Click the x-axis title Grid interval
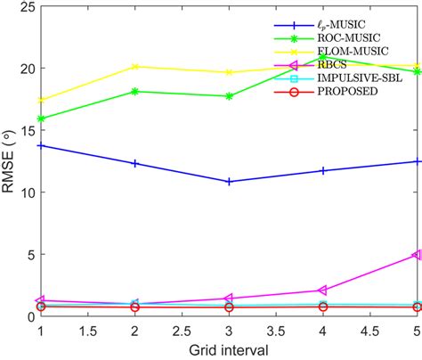229,350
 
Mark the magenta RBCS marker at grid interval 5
416,255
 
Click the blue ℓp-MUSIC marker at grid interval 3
229,181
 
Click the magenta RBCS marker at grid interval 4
322,290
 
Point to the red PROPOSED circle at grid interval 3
229,307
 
